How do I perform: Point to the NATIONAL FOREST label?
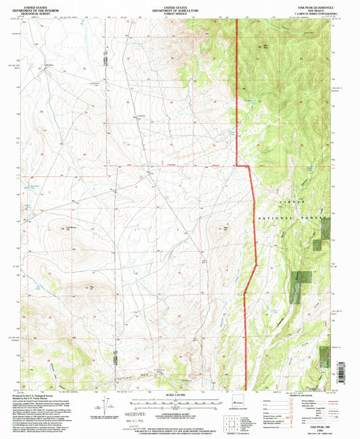tap(291, 219)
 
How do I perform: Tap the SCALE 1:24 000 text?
tap(180, 395)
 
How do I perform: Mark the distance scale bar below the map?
tap(180, 401)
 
